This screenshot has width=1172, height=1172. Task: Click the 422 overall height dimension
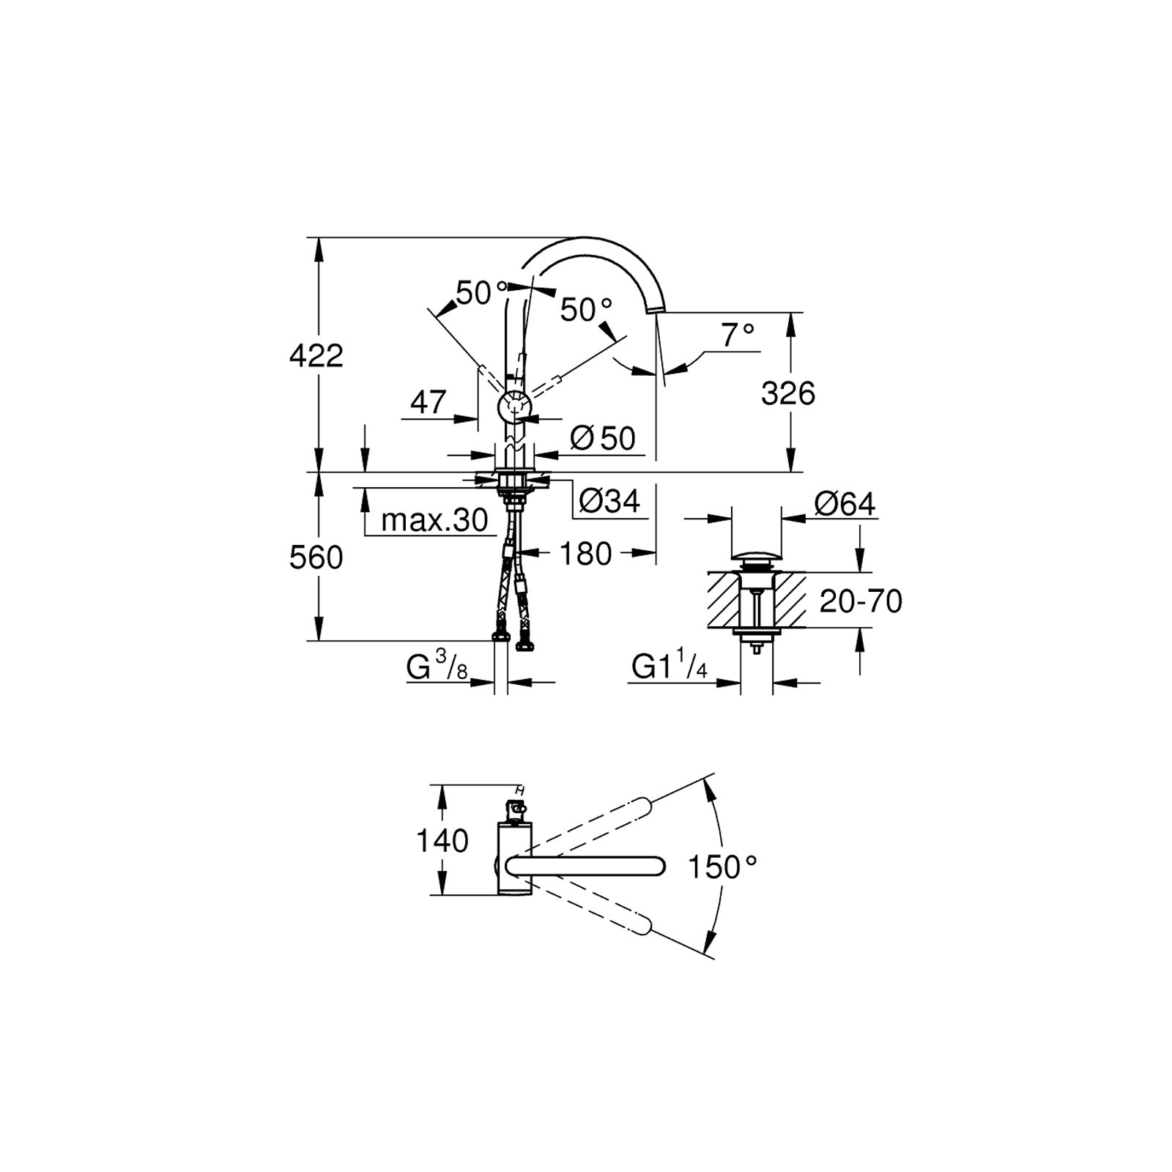tap(316, 357)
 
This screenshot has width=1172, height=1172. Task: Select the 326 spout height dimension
tap(788, 394)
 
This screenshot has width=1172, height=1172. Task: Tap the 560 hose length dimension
tap(316, 558)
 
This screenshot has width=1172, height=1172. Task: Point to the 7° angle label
tap(738, 335)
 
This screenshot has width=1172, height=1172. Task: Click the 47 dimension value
tap(429, 402)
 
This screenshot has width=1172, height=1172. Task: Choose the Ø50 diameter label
tap(603, 439)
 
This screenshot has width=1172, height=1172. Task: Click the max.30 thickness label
tap(434, 521)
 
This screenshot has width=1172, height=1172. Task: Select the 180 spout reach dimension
tap(585, 555)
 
